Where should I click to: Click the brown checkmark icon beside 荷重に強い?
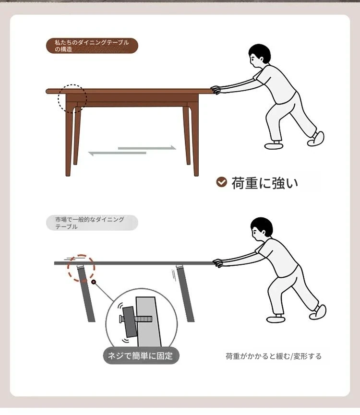[x=222, y=182]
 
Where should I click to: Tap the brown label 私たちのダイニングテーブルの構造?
[x=92, y=46]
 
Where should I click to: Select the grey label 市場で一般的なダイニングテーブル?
[x=92, y=223]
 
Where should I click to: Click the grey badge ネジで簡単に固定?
[x=141, y=356]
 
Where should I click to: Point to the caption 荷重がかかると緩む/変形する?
[x=274, y=356]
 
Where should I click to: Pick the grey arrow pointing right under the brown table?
[x=147, y=148]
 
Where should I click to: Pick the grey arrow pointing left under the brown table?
[x=117, y=153]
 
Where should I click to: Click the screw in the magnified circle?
[x=136, y=319]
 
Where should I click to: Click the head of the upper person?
[x=260, y=56]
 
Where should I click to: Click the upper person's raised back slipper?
[x=316, y=139]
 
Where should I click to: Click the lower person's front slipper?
[x=276, y=319]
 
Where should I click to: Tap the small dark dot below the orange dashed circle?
[x=94, y=282]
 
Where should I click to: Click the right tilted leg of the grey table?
[x=185, y=293]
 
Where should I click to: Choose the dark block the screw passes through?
[x=130, y=321]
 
